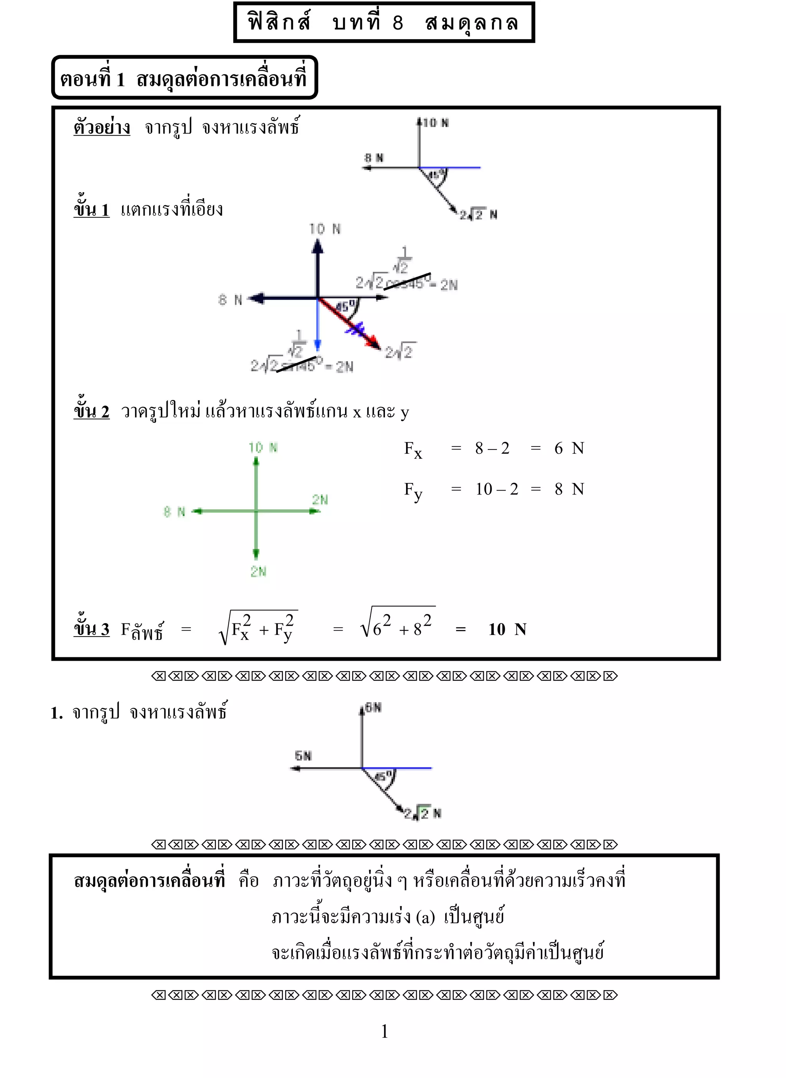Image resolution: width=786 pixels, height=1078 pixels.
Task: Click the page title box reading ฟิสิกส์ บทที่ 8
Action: [x=383, y=22]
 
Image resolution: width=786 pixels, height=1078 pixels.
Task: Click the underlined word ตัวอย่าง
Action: [x=102, y=127]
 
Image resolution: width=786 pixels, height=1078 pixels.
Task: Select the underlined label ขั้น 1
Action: [x=91, y=209]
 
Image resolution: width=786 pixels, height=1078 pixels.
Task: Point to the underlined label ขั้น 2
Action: [x=91, y=411]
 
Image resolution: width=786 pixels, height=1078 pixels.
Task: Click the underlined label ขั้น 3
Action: [x=91, y=629]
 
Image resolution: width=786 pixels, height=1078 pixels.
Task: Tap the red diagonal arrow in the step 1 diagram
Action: [x=350, y=324]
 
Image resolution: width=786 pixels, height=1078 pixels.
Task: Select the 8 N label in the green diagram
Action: [x=174, y=512]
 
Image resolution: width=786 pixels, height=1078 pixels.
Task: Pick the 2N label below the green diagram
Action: [x=258, y=572]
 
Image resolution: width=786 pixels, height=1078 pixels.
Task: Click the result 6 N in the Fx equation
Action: [x=569, y=448]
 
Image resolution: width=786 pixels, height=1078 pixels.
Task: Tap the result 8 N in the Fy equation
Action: [x=569, y=489]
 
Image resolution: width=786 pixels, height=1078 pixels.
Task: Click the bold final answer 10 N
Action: [x=507, y=630]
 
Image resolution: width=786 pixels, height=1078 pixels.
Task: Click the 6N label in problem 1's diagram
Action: [x=373, y=708]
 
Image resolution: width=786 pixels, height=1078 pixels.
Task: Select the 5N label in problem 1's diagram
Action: [x=303, y=756]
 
